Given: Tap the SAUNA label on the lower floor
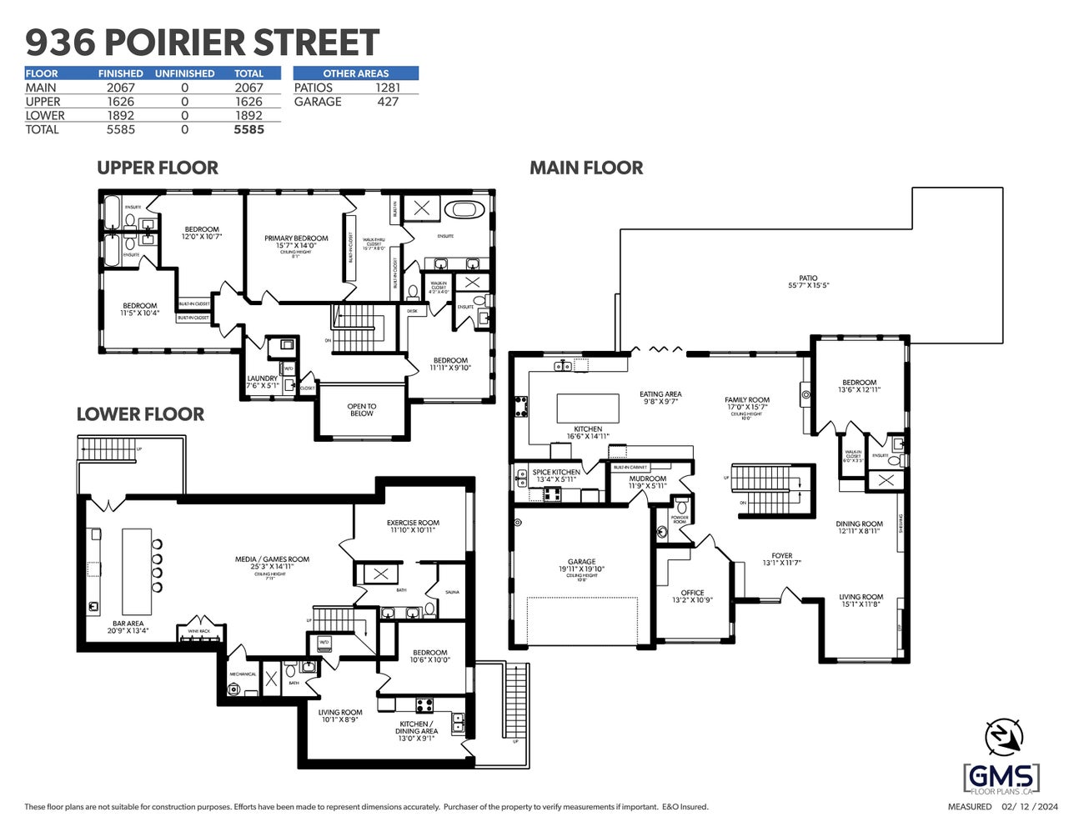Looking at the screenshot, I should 452,592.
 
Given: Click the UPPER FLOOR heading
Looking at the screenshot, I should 158,168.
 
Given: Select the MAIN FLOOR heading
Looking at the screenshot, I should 586,168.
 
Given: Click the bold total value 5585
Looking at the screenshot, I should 248,129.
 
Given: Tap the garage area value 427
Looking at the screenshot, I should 388,102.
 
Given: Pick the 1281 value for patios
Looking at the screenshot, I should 388,88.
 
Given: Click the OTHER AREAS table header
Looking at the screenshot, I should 356,73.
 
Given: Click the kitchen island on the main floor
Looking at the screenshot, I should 588,408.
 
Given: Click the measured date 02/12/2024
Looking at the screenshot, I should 1031,806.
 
